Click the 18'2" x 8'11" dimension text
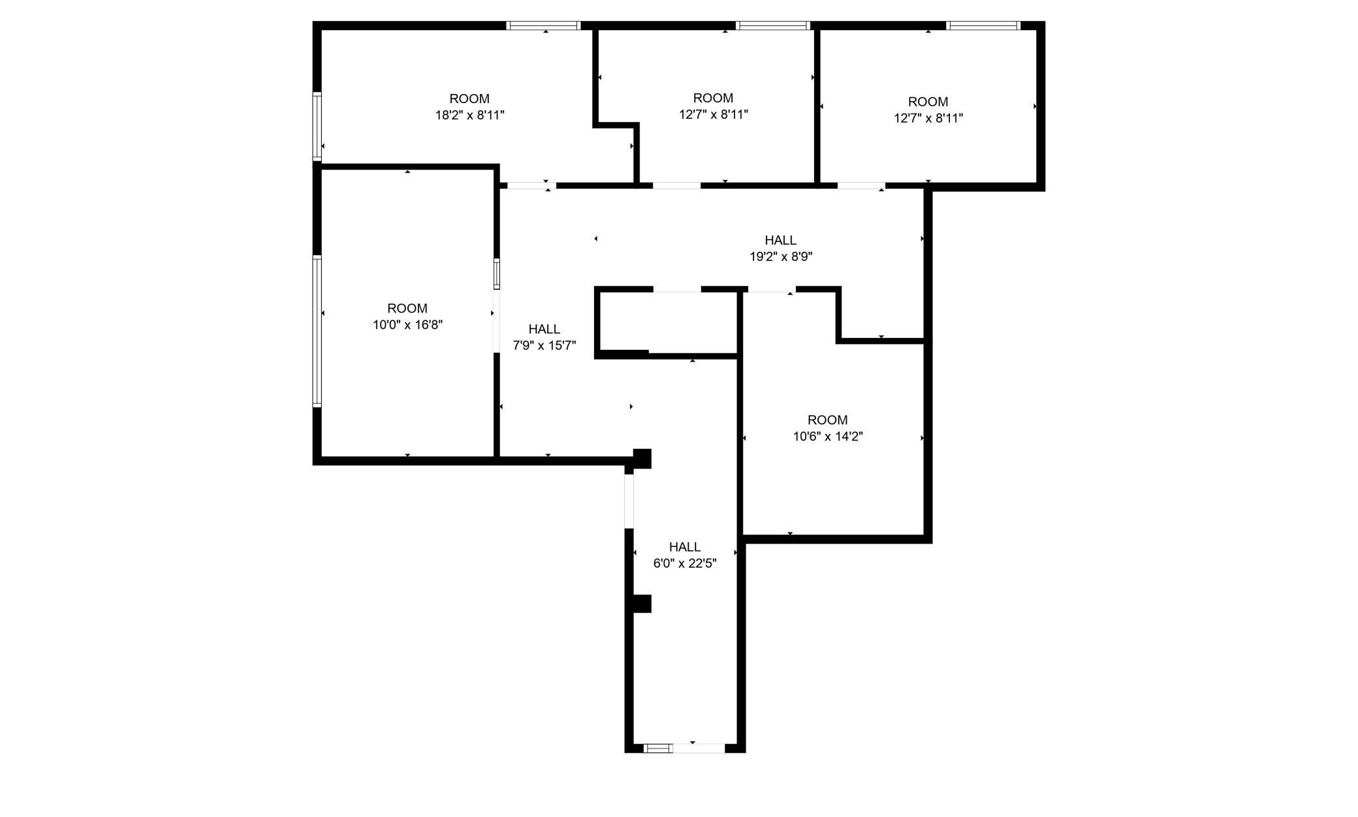470,116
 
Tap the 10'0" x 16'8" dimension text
408,325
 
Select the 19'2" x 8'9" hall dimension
781,257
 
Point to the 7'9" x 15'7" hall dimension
545,346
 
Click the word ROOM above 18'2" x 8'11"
469,99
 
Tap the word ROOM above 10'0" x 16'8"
407,309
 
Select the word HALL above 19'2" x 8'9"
781,241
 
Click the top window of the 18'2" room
543,26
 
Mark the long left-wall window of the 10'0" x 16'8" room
317,331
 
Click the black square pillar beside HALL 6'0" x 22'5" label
642,604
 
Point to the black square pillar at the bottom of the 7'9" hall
642,459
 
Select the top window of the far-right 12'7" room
983,26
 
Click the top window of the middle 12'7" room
773,26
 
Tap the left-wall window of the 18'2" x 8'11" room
317,127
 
